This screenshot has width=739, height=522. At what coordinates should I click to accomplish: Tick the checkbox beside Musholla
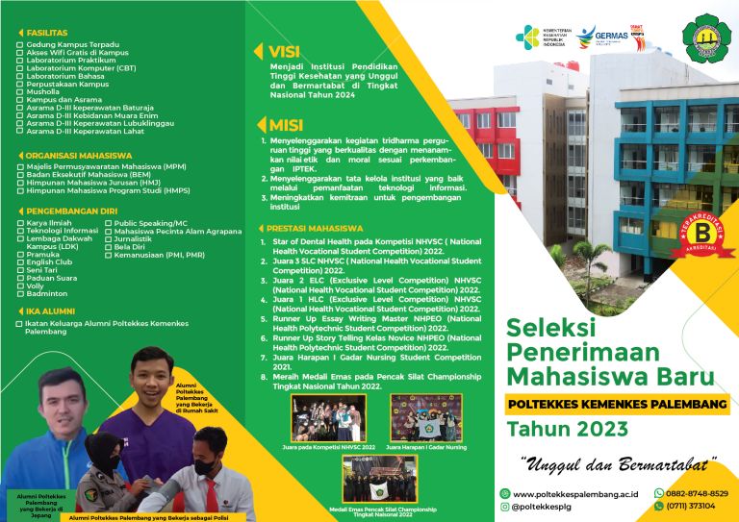pyautogui.click(x=20, y=92)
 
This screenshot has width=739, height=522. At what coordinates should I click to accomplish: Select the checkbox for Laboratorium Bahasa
pyautogui.click(x=20, y=76)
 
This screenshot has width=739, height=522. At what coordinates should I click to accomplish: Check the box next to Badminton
pyautogui.click(x=20, y=293)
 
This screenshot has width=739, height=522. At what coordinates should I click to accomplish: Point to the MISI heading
pyautogui.click(x=284, y=125)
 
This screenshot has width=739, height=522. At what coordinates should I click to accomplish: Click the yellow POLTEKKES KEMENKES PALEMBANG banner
pyautogui.click(x=617, y=405)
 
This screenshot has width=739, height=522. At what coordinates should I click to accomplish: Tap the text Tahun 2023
pyautogui.click(x=568, y=429)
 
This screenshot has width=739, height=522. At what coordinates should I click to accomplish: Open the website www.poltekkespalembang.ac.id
pyautogui.click(x=577, y=493)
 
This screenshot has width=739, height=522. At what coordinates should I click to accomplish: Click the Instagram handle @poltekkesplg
pyautogui.click(x=549, y=506)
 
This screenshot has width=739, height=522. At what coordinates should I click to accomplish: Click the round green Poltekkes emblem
pyautogui.click(x=705, y=37)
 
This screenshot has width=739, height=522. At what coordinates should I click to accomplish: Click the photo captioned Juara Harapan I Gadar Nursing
pyautogui.click(x=425, y=417)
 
